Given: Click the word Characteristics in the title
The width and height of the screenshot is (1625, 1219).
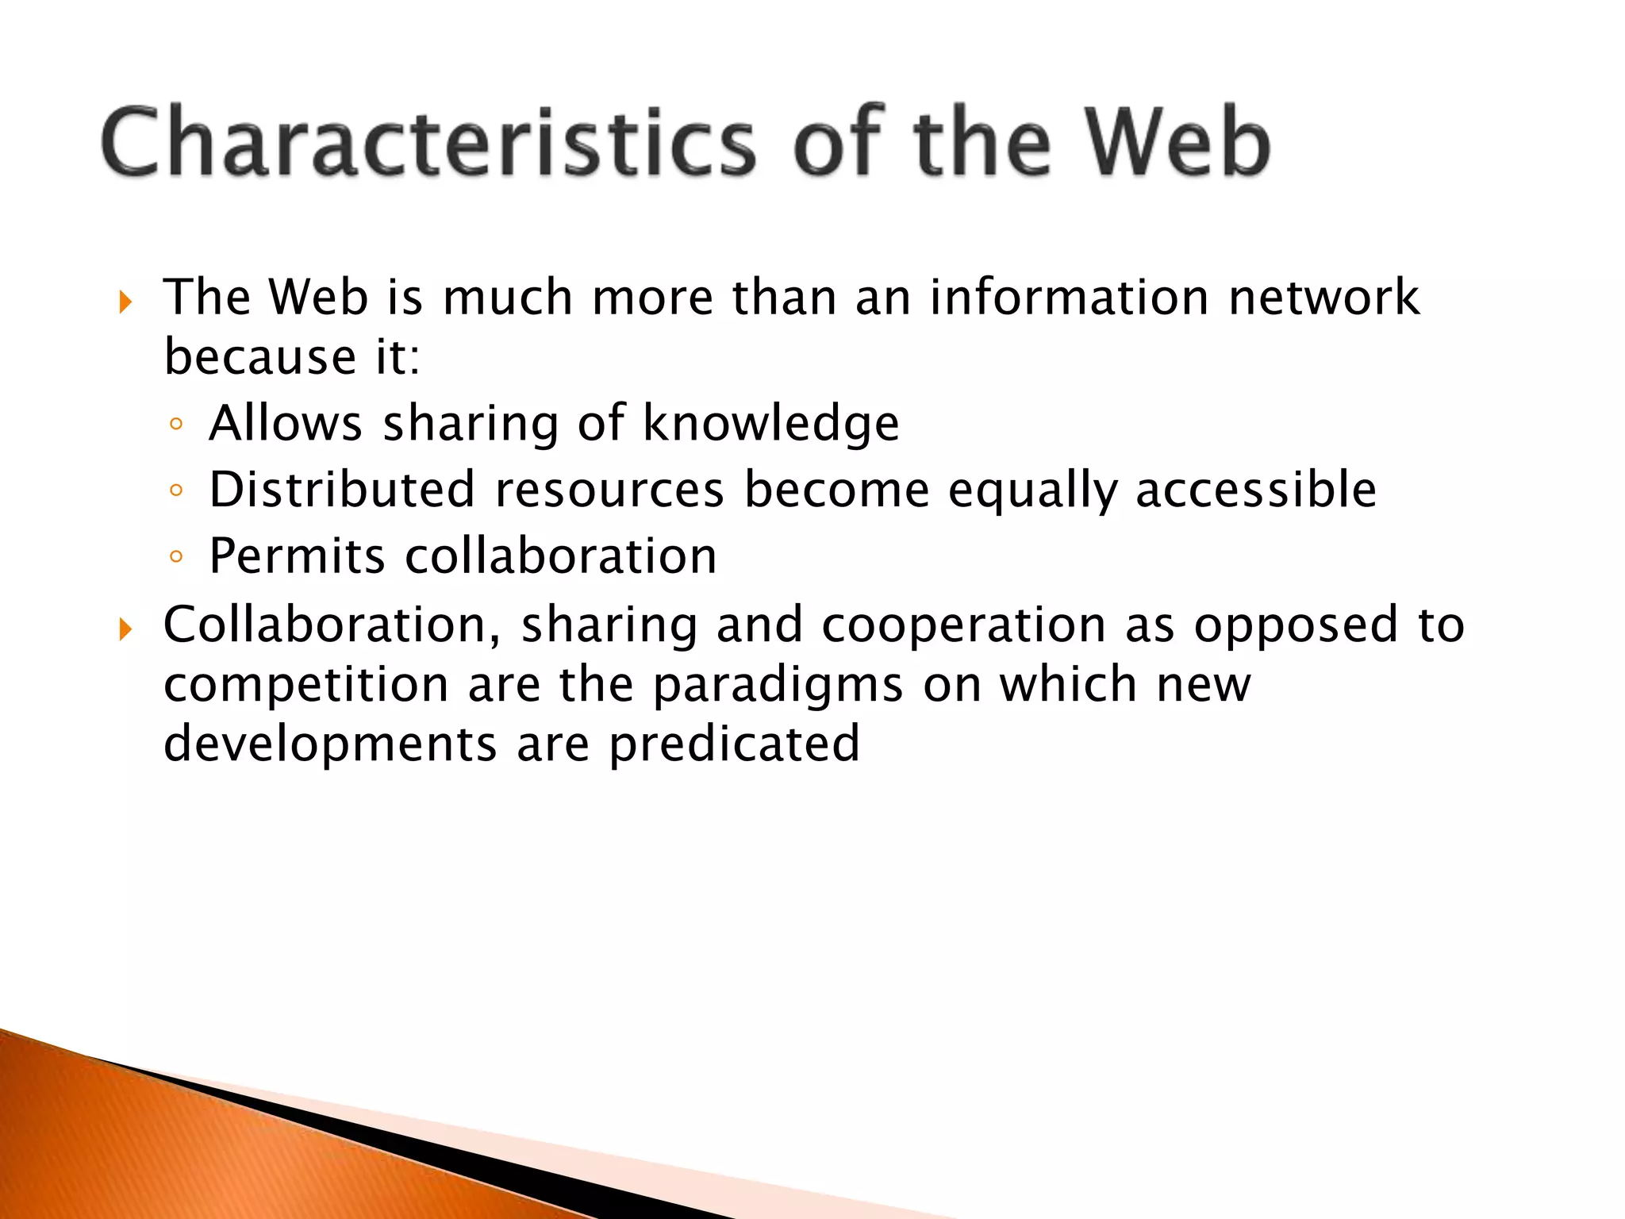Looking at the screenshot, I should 428,143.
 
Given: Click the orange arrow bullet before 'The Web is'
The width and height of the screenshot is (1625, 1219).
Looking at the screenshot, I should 125,302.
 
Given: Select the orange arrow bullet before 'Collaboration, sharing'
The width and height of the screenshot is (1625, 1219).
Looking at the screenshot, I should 125,630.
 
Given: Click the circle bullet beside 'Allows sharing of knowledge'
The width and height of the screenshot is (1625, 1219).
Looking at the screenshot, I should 176,425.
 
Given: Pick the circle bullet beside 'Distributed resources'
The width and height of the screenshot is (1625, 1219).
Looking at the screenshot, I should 176,490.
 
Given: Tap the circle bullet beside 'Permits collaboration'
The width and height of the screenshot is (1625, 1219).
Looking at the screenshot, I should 176,557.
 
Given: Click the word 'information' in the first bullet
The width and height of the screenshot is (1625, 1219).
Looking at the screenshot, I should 1069,298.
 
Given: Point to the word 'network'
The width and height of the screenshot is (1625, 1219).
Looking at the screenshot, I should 1323,298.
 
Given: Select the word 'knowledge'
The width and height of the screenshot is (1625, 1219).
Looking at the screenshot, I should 770,423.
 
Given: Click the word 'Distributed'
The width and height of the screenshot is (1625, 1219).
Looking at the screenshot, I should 342,489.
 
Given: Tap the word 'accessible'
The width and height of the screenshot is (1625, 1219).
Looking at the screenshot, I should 1256,489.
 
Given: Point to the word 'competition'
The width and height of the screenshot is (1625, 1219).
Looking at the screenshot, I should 306,685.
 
